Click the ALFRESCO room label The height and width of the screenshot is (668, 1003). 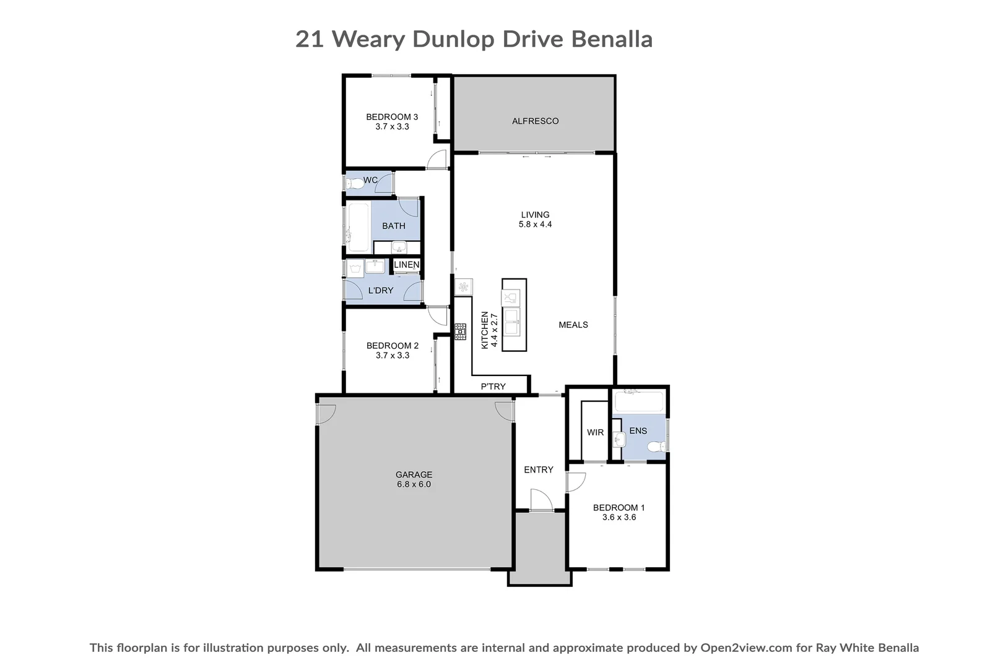[x=535, y=121]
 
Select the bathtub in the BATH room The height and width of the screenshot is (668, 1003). [x=358, y=227]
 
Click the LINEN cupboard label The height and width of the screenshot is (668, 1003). [x=407, y=265]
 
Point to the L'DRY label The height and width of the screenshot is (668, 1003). [x=381, y=290]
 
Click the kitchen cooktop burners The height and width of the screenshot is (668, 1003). [x=460, y=332]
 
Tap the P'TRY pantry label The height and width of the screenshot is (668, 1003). [x=493, y=387]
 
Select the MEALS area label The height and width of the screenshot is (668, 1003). [x=573, y=325]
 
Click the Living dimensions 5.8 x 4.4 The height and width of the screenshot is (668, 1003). [x=535, y=225]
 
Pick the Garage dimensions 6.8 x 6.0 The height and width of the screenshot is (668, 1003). [x=414, y=484]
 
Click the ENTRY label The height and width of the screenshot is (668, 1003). [x=539, y=470]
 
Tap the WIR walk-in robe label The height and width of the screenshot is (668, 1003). [x=595, y=433]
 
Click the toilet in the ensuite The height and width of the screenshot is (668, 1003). [x=657, y=446]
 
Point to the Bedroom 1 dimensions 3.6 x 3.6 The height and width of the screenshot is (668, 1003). [x=619, y=517]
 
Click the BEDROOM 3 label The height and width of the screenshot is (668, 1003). [x=392, y=118]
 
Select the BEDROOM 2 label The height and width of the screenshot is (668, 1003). [x=393, y=346]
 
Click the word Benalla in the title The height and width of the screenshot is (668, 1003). [x=612, y=40]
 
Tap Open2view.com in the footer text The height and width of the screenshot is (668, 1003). [x=747, y=648]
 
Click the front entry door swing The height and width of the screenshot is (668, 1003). [x=541, y=499]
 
